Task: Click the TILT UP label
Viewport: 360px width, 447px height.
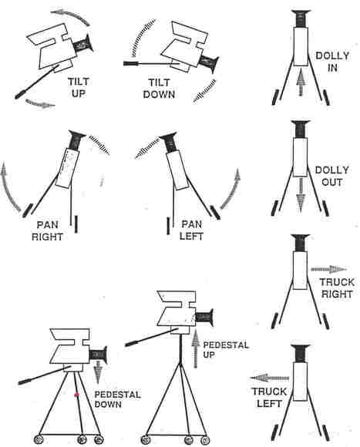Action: click(x=79, y=88)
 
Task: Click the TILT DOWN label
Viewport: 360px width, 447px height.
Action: click(x=159, y=89)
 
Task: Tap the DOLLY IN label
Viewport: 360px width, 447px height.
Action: click(x=332, y=62)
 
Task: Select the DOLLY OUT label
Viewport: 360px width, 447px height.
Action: click(x=331, y=176)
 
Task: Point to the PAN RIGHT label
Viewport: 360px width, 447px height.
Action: click(x=47, y=231)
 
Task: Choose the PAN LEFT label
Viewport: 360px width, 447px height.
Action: click(x=191, y=230)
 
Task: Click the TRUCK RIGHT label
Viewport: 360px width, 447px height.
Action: click(x=337, y=288)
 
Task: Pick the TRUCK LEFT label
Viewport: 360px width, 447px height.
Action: click(x=269, y=398)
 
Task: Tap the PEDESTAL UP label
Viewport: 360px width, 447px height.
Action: click(x=226, y=350)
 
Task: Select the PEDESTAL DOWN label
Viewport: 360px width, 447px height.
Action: click(x=117, y=399)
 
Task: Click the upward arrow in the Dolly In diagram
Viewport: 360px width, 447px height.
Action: click(x=301, y=82)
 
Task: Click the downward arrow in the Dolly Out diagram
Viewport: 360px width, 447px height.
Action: click(x=301, y=195)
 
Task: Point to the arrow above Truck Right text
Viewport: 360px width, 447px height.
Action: click(x=329, y=269)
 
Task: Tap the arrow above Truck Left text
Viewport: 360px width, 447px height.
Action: click(x=269, y=378)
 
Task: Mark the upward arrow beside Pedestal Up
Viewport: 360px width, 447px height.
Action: click(x=196, y=348)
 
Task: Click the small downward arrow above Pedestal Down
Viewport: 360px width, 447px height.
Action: click(x=98, y=371)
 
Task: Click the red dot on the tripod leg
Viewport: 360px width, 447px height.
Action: click(x=76, y=395)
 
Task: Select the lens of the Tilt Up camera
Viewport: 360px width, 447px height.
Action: click(x=83, y=44)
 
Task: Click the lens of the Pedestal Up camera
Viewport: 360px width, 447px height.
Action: click(x=204, y=318)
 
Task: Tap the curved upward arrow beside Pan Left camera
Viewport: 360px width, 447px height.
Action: click(x=232, y=189)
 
